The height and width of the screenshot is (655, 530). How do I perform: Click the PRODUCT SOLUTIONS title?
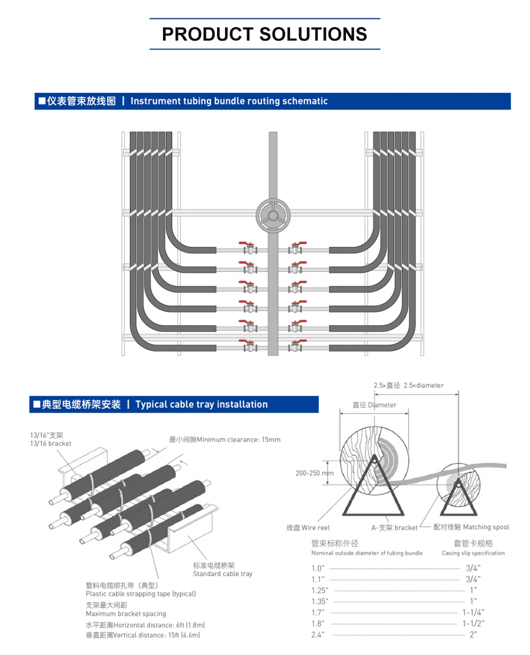pos(264,34)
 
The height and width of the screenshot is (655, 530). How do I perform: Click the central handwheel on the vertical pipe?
pos(273,216)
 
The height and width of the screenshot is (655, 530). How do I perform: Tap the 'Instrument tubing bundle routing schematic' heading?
pos(228,101)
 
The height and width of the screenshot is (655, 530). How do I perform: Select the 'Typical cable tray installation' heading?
pos(201,405)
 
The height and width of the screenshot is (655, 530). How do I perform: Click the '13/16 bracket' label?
pos(50,444)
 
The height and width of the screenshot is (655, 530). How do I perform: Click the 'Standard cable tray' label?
pos(222,574)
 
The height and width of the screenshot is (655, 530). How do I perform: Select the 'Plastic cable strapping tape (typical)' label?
pos(140,594)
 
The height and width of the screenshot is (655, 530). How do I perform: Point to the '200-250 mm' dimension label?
pos(314,473)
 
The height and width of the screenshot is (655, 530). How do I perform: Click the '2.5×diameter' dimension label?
pos(423,386)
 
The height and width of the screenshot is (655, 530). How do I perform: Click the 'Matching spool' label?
pos(485,527)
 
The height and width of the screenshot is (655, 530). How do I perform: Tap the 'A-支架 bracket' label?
pos(394,528)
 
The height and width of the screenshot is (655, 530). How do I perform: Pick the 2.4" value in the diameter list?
pos(317,634)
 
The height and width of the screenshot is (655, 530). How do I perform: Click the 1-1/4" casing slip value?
pos(473,612)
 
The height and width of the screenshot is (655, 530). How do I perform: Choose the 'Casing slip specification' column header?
pos(473,553)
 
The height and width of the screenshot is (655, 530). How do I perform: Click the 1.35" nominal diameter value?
pos(320,601)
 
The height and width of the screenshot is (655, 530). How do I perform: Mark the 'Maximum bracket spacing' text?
pos(125,614)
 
